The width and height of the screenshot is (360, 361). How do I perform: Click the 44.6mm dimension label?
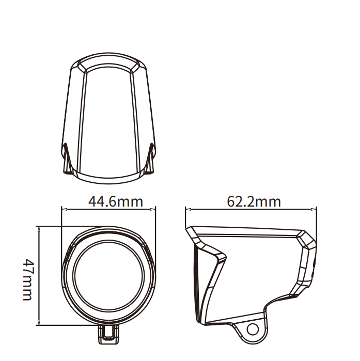pyautogui.click(x=116, y=202)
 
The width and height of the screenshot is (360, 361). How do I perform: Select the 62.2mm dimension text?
pyautogui.click(x=254, y=202)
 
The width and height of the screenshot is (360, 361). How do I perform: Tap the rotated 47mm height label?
pyautogui.click(x=29, y=279)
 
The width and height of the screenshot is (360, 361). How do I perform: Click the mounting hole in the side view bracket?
pyautogui.click(x=253, y=329)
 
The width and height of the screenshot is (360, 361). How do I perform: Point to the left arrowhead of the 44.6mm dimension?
pyautogui.click(x=64, y=209)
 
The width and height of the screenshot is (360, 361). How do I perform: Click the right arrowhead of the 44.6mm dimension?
pyautogui.click(x=153, y=209)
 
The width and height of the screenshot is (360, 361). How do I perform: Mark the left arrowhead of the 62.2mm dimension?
pyautogui.click(x=189, y=209)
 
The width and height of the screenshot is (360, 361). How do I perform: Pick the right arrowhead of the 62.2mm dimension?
pyautogui.click(x=314, y=209)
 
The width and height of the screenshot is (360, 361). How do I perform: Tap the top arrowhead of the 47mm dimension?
pyautogui.click(x=39, y=229)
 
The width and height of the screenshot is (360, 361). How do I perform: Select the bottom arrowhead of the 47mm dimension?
pyautogui.click(x=39, y=322)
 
